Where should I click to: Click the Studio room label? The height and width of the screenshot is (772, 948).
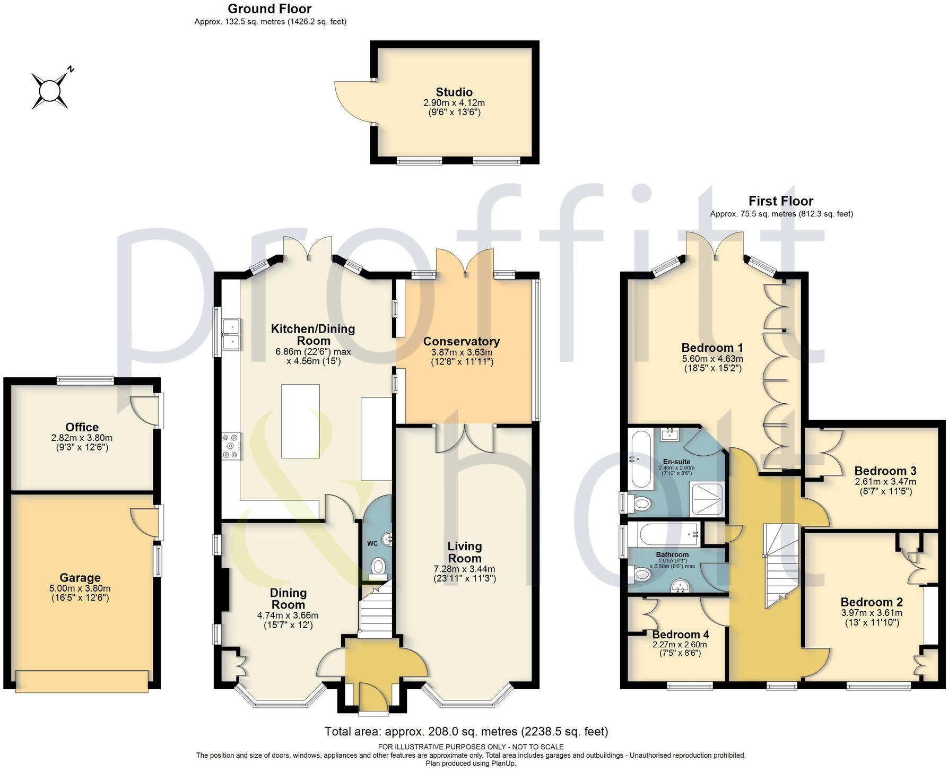[x=454, y=92]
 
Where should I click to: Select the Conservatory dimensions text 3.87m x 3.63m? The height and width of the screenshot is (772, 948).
[x=462, y=352]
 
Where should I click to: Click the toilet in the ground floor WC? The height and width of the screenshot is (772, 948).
[x=378, y=567]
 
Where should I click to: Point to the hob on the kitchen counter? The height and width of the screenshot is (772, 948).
[x=232, y=446]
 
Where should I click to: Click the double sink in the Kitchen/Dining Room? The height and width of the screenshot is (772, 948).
[x=231, y=334]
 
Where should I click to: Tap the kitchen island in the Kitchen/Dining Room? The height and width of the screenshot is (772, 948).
[x=300, y=421]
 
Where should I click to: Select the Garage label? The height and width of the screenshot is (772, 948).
[x=80, y=578]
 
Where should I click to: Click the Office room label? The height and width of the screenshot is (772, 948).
[x=82, y=427]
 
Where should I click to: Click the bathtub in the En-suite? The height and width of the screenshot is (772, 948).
[x=638, y=459]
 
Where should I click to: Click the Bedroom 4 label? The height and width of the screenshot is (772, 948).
[x=680, y=635]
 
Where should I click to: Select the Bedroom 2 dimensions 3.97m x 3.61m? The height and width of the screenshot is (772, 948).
[x=872, y=613]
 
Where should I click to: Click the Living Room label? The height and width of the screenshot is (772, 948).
[x=464, y=552]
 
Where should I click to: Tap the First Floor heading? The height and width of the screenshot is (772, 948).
[x=780, y=201]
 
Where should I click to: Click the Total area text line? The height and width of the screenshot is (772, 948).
[x=466, y=732]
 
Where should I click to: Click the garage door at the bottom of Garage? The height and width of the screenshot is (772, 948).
[x=82, y=681]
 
